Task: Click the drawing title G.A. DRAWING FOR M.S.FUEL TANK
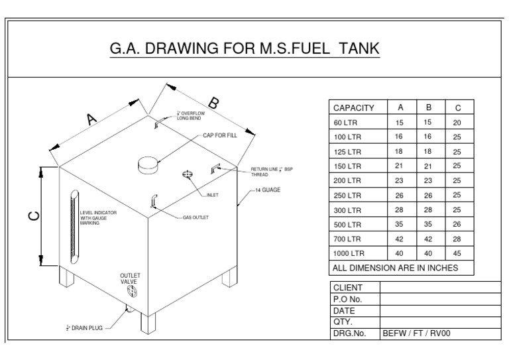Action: pyautogui.click(x=245, y=50)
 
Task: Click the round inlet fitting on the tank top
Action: pyautogui.click(x=187, y=174)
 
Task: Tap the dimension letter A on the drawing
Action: pyautogui.click(x=92, y=118)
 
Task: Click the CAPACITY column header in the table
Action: pyautogui.click(x=354, y=107)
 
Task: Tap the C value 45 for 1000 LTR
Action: pyautogui.click(x=457, y=253)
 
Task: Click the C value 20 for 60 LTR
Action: pyautogui.click(x=457, y=122)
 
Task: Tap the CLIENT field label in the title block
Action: pyautogui.click(x=348, y=287)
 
